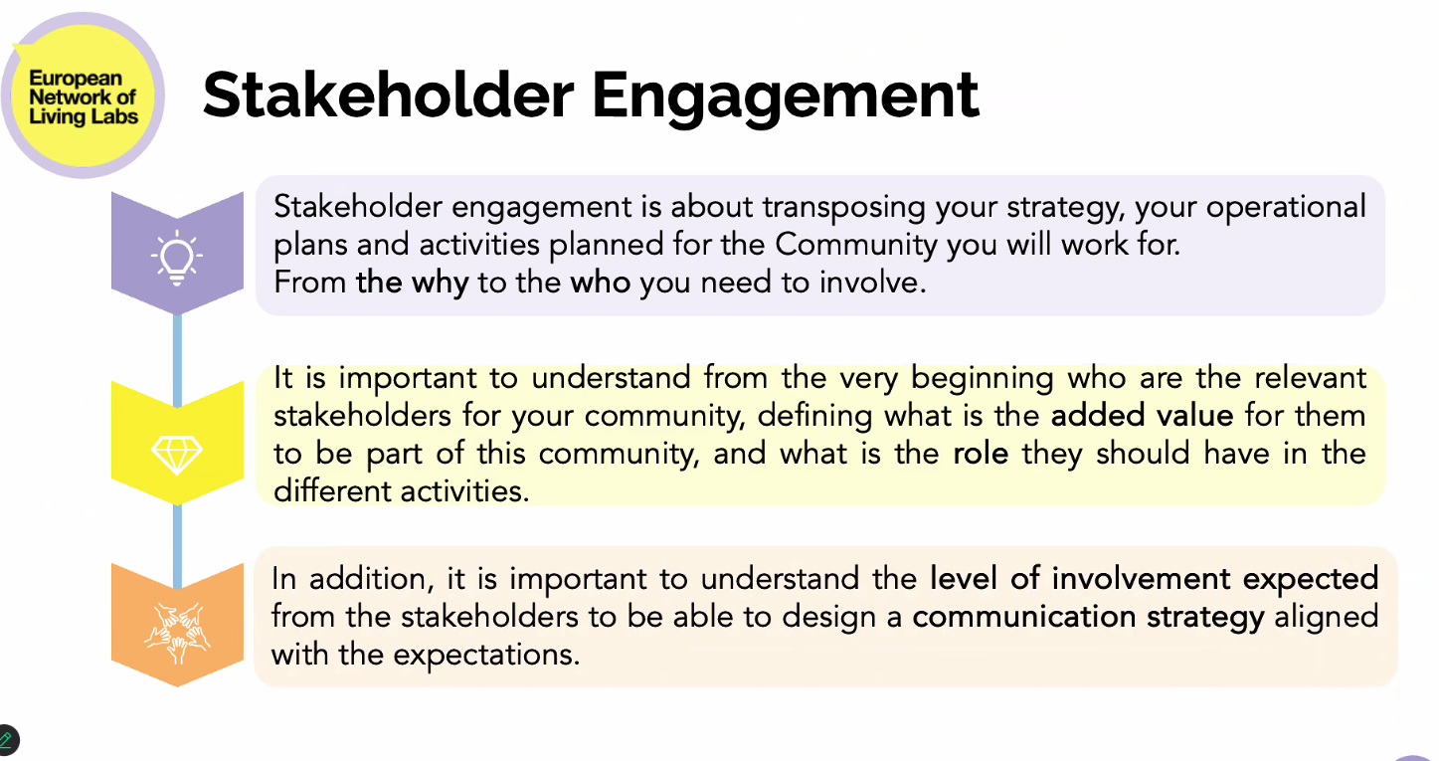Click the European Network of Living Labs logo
pos(83,95)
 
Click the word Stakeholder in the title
pos(388,95)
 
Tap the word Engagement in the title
pos(785,97)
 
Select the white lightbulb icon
pos(177,258)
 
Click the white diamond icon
pos(177,455)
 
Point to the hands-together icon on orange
pos(177,633)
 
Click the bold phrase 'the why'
pos(413,283)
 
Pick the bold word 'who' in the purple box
pos(601,283)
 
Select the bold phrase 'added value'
pos(1143,415)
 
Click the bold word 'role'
pos(981,454)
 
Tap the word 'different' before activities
pos(333,491)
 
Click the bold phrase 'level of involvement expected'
pos(1154,579)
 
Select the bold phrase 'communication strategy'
pos(1088,618)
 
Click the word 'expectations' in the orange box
pos(486,656)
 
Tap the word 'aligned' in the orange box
pos(1327,618)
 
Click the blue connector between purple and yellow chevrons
pos(177,360)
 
